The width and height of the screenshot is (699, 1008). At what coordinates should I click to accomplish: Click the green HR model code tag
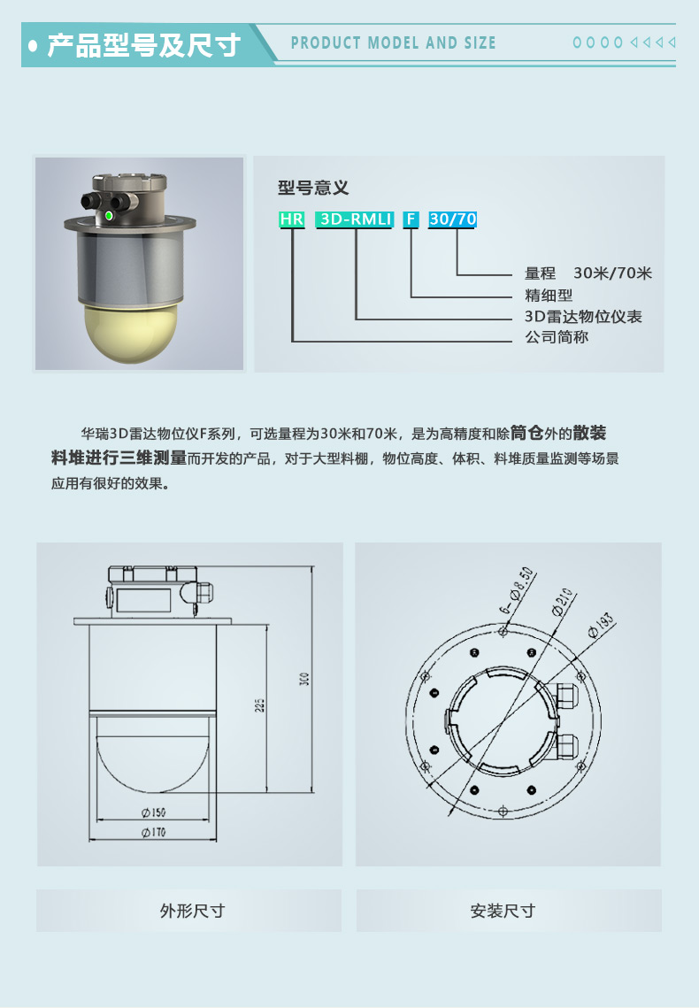point(292,219)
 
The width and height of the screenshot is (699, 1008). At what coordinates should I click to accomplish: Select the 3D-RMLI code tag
point(354,219)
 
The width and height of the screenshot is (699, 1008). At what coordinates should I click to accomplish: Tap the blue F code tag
point(411,219)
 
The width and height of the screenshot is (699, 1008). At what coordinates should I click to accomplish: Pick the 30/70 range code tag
point(452,219)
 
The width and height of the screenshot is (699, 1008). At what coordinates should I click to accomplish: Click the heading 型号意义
point(313,188)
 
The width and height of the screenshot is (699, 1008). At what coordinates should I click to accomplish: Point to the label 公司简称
point(557,337)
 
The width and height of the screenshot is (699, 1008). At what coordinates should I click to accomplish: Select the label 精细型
point(549,295)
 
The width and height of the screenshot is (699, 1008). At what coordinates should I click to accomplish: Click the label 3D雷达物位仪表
point(583,316)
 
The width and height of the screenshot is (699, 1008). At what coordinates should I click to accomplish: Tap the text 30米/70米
point(613,273)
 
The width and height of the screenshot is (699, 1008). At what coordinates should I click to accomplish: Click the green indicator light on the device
point(109,215)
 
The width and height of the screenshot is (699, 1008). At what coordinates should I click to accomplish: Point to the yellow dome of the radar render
point(140,331)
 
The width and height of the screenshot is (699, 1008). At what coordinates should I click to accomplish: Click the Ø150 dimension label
point(154,812)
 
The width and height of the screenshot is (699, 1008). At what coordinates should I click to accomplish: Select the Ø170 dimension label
point(154,833)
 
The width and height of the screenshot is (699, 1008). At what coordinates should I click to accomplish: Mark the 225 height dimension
point(259,705)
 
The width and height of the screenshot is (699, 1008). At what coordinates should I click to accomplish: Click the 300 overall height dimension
point(304,679)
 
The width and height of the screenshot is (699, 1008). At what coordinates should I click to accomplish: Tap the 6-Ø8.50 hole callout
point(518,589)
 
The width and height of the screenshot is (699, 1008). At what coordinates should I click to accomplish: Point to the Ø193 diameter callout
point(600,626)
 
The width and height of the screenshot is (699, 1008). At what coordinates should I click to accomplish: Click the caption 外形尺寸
point(192,911)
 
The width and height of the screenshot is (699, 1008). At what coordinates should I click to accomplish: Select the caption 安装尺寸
point(503,911)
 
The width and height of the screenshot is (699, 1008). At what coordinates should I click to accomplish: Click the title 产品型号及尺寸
point(144,45)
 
